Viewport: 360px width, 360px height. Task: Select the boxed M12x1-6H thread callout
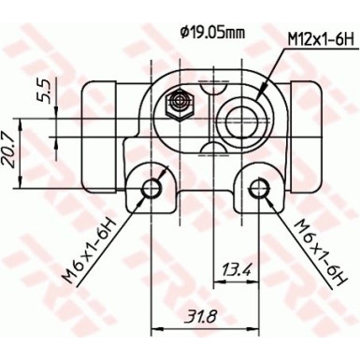319,38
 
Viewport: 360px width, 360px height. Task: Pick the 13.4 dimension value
237,271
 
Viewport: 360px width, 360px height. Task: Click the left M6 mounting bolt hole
151,189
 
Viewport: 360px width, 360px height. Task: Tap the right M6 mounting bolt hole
258,189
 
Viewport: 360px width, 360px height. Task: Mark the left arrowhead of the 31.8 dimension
155,328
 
